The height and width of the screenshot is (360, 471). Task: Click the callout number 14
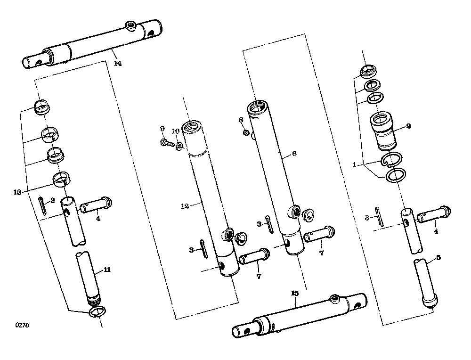pyautogui.click(x=118, y=64)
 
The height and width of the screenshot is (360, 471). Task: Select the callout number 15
pyautogui.click(x=295, y=293)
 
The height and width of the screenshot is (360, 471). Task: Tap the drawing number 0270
pyautogui.click(x=22, y=325)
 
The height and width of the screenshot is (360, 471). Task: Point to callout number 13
pyautogui.click(x=17, y=192)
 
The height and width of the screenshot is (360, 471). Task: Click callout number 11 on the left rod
pyautogui.click(x=107, y=270)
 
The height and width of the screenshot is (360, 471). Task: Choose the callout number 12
pyautogui.click(x=185, y=206)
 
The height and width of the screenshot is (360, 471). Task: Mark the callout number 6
pyautogui.click(x=294, y=154)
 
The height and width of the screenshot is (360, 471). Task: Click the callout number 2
pyautogui.click(x=408, y=126)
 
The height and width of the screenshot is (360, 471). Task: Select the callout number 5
pyautogui.click(x=438, y=258)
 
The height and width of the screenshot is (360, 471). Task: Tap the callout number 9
pyautogui.click(x=162, y=129)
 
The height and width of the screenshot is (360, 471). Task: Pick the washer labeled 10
pyautogui.click(x=179, y=146)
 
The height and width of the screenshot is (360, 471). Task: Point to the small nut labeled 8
pyautogui.click(x=246, y=132)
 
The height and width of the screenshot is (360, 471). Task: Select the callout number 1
pyautogui.click(x=355, y=164)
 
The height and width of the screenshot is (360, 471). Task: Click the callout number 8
pyautogui.click(x=241, y=120)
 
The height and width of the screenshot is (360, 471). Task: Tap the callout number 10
pyautogui.click(x=176, y=131)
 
